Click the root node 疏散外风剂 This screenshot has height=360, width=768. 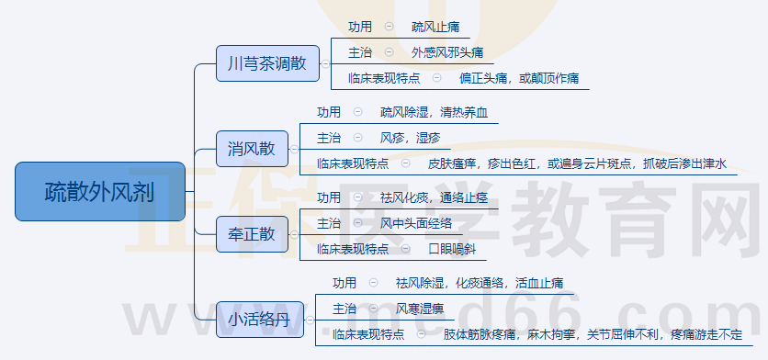coord(100,192)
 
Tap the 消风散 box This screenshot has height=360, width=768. coord(251,149)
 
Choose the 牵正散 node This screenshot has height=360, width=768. coord(251,234)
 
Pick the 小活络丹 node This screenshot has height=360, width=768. coord(259,320)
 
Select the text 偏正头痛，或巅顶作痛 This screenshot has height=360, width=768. coord(519,79)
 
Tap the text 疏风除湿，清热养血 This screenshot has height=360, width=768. coord(435,112)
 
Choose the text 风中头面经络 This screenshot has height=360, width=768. coord(416,223)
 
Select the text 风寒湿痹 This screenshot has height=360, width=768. coord(420,309)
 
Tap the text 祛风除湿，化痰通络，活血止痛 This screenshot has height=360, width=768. coord(479,283)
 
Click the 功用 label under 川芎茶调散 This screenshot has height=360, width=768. coord(361,27)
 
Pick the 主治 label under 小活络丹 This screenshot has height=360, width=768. coord(344,309)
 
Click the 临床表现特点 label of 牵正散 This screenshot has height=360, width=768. coord(353,249)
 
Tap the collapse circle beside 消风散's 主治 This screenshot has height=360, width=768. coord(357,138)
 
